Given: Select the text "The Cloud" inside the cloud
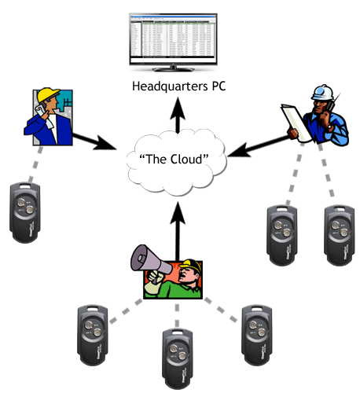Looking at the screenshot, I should pyautogui.click(x=174, y=159).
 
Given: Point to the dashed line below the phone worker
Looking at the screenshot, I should pyautogui.click(x=39, y=165).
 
